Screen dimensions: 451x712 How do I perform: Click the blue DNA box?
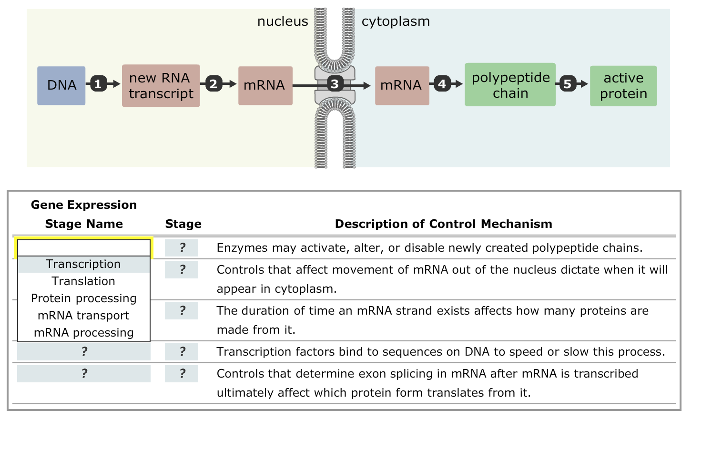pos(61,85)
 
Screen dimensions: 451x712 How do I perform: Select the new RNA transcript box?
pos(161,85)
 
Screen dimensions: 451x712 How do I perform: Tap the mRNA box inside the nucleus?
pos(265,85)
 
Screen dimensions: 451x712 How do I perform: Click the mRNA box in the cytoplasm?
pos(402,85)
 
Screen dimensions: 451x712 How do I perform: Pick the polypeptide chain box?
pos(510,85)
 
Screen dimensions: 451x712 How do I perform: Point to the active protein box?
pos(623,86)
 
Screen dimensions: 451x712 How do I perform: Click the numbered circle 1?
pos(98,84)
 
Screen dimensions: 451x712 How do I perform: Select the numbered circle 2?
pos(214,84)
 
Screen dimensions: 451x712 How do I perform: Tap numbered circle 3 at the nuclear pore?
pos(335,84)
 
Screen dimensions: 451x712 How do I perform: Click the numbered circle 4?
pos(442,84)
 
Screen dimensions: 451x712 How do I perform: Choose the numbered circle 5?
pos(567,84)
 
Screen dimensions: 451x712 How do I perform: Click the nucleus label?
pos(283,21)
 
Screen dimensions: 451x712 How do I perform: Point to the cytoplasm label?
pos(396,21)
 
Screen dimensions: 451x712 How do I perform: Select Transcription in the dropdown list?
pos(83,264)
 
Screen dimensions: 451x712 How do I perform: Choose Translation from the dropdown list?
pos(83,281)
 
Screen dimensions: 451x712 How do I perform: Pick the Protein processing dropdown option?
pos(83,298)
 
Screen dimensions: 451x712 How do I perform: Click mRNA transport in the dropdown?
pos(83,316)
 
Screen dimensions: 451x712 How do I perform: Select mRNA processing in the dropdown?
pos(83,333)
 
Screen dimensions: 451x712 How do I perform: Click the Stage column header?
pos(183,224)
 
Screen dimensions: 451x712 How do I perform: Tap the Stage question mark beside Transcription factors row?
pos(182,352)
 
